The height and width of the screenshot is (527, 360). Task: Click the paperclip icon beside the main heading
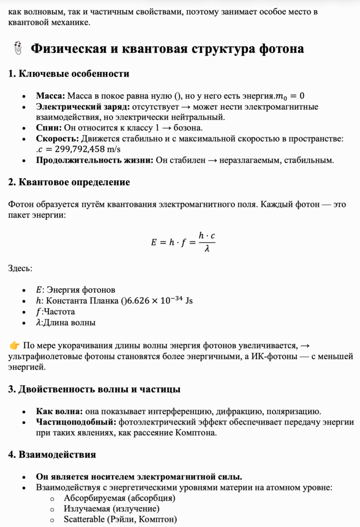[x=17, y=49]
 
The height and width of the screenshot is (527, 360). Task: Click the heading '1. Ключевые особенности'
[x=68, y=74]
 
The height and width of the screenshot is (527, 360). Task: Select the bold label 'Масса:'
[x=50, y=96]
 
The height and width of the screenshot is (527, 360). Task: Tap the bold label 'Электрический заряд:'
[x=83, y=107]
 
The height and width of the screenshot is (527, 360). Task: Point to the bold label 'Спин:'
[x=49, y=128]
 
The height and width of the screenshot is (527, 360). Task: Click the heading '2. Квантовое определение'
[x=69, y=182]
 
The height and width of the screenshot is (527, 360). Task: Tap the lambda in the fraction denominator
[x=207, y=249]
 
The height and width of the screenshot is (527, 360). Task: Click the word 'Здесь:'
[x=20, y=268]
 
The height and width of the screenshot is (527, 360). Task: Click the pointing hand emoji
[x=14, y=345]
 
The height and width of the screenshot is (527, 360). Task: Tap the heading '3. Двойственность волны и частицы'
[x=94, y=389]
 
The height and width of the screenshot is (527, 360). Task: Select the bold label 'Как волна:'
[x=58, y=411]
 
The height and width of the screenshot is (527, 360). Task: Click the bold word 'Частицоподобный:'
[x=76, y=422]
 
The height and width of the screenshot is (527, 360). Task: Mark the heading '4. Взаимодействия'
[x=52, y=454]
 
